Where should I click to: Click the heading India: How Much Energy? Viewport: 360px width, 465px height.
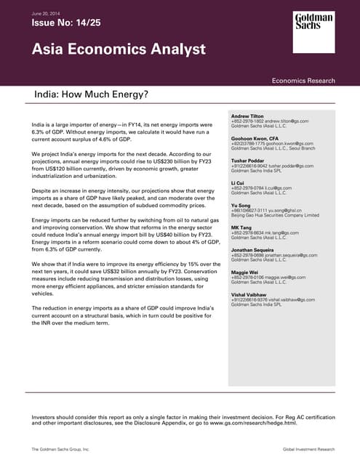(x=90, y=94)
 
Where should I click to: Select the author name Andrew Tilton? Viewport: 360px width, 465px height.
(x=249, y=116)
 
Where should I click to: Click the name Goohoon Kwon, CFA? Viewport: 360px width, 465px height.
(x=255, y=137)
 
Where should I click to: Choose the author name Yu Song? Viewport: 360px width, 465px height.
(x=241, y=206)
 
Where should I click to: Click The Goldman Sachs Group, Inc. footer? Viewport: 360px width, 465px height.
(x=60, y=450)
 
